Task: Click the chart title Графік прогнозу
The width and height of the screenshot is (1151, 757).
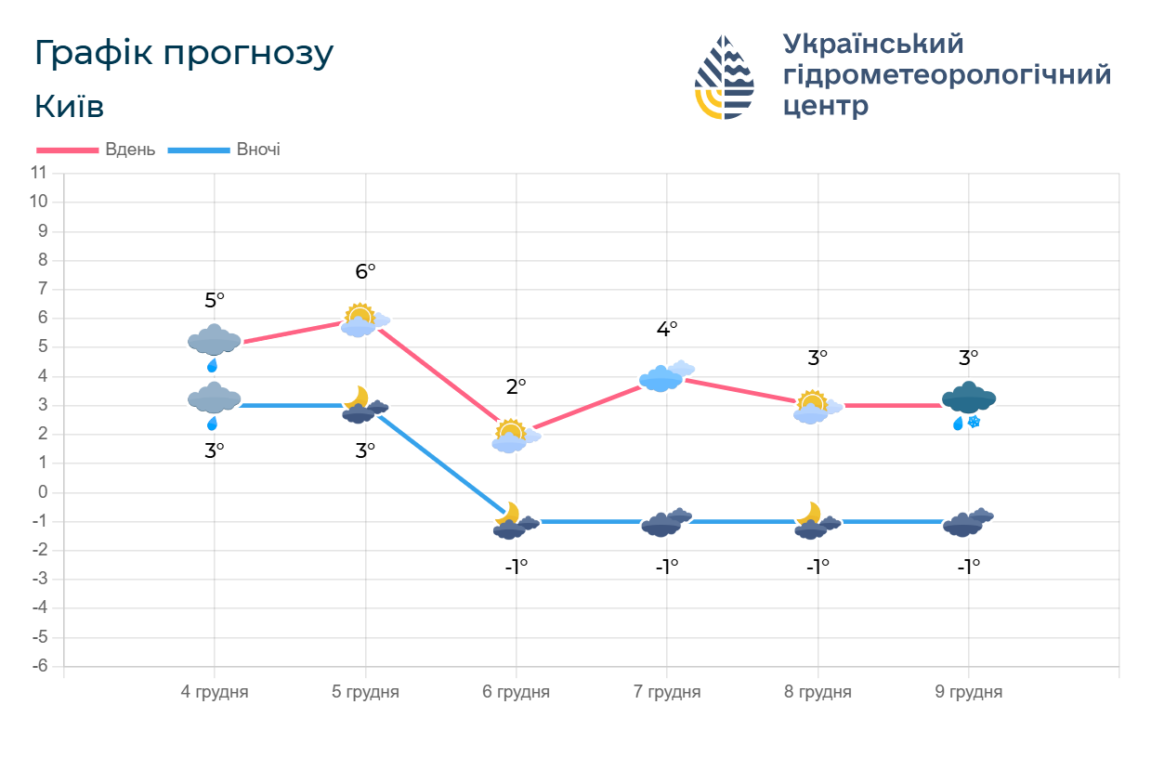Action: tap(183, 54)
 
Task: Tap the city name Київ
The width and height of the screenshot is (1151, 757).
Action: tap(69, 107)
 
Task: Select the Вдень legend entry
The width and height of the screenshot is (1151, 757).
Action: tap(97, 150)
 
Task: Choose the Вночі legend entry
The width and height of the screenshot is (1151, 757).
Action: tap(225, 150)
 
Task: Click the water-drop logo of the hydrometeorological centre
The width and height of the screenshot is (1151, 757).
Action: tap(725, 77)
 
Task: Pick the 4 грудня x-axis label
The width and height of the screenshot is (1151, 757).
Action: tap(215, 692)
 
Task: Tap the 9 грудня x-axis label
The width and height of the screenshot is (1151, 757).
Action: tap(968, 692)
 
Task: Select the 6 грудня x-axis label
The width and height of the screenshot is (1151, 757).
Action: tap(516, 692)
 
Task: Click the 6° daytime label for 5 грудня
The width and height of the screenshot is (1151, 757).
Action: tap(365, 271)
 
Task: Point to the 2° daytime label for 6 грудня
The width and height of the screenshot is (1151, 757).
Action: tap(516, 386)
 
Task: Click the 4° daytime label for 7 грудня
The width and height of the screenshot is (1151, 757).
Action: tap(667, 329)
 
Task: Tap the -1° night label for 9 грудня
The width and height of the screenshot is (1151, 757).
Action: tap(968, 566)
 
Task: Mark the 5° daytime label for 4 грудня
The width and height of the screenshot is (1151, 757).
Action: tap(215, 300)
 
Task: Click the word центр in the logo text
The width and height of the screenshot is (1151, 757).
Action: tap(826, 105)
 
